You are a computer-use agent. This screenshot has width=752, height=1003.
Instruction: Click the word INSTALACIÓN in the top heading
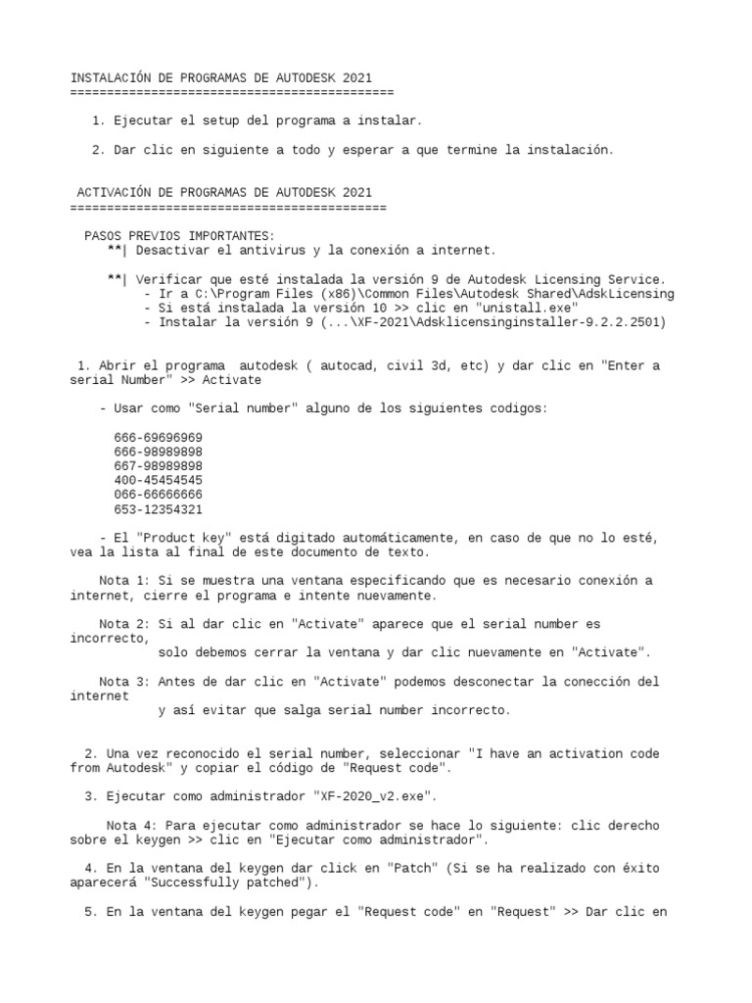[x=110, y=77]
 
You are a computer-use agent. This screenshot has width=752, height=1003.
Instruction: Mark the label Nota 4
[x=131, y=826]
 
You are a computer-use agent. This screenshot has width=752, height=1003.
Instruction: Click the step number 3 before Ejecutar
[x=92, y=796]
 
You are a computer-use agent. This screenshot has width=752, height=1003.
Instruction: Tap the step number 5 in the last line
[x=92, y=911]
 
